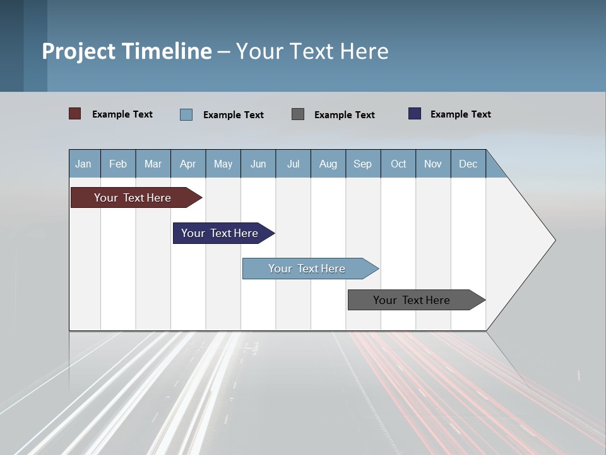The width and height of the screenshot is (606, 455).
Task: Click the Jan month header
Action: [83, 164]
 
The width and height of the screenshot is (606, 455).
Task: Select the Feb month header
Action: [118, 164]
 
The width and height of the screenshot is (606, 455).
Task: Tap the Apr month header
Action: [187, 164]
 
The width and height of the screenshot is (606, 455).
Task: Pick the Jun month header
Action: [258, 164]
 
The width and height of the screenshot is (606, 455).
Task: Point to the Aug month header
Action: [328, 164]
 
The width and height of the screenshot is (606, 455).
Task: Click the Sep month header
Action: [362, 164]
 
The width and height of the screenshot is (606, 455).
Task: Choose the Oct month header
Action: [398, 164]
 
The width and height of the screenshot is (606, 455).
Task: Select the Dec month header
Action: [468, 164]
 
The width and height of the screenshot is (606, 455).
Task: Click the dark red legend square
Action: [75, 114]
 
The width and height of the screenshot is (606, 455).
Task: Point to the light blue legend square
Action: [186, 114]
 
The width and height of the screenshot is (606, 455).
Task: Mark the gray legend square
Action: [298, 114]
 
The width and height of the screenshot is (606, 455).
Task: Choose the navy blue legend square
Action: [415, 114]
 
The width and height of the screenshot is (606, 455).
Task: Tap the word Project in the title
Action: [78, 51]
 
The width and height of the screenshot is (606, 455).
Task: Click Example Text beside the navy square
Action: [460, 114]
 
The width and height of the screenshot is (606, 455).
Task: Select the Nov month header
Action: [433, 164]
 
